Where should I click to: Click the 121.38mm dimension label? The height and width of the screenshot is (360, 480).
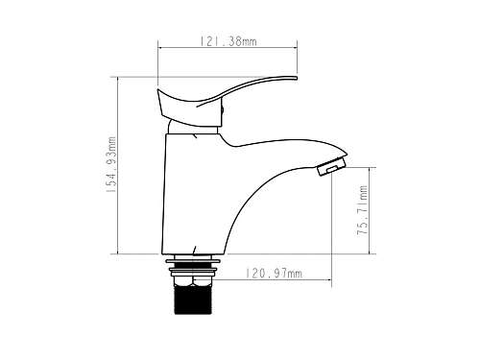[x=228, y=41]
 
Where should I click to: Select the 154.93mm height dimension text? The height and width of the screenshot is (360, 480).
[x=111, y=164]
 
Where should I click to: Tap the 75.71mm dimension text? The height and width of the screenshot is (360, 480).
[x=363, y=210]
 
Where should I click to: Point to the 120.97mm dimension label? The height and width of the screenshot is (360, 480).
[x=274, y=274]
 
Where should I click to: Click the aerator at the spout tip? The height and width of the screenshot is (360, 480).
[x=331, y=166]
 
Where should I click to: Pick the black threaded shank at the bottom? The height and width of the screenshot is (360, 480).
[x=193, y=300]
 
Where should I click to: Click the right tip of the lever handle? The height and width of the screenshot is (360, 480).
[x=297, y=78]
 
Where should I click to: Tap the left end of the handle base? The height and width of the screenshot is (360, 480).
[x=157, y=90]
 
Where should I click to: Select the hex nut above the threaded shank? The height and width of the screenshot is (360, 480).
[x=193, y=281]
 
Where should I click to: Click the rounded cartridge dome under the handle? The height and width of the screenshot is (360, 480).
[x=192, y=128]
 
